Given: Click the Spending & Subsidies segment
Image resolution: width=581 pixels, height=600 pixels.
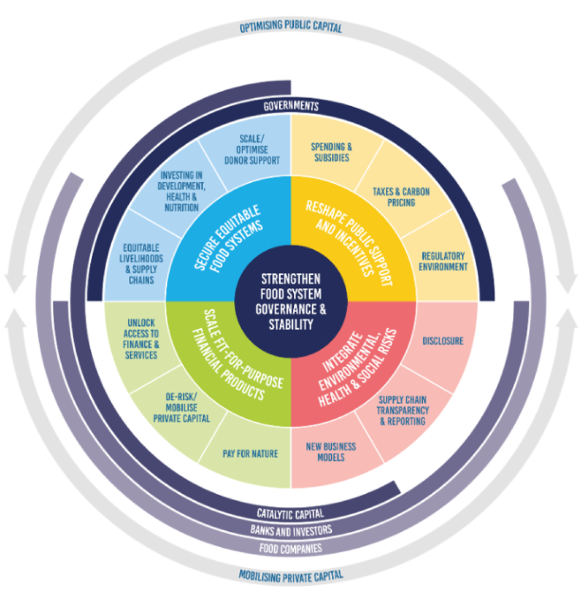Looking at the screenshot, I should pos(331,152).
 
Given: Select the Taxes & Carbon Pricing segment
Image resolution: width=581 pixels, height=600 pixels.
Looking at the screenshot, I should pos(401,197).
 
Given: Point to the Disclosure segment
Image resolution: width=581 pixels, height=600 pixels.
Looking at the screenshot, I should pos(443,341).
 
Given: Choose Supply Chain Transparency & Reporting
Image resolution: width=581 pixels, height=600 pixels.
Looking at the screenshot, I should pos(403,410).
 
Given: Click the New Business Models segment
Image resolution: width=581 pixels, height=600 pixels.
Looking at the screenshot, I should pos(331,451).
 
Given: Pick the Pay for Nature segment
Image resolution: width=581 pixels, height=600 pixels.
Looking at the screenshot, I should pos(250,454).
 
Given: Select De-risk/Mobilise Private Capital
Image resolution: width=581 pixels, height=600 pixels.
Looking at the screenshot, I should pos(181,408).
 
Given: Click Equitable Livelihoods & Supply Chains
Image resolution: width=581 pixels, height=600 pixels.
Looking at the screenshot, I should pos(140,263).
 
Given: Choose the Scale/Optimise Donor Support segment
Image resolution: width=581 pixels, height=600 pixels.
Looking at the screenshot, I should pos(251,149).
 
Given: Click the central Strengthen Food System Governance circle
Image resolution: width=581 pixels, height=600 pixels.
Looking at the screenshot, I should pos(290,301).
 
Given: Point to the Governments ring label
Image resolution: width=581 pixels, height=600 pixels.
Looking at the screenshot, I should pos(290,106).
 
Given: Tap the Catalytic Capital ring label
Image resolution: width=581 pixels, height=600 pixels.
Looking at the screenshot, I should pos(290,514).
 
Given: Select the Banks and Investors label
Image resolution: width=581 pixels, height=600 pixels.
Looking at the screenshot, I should pos(290,531).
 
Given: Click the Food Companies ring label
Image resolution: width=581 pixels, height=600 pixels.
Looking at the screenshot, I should pos(290,548).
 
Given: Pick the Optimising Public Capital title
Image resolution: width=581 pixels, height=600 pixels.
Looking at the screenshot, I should pos(290,26).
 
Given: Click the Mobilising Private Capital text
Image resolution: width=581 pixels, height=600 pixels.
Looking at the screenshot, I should pos(290,575).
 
